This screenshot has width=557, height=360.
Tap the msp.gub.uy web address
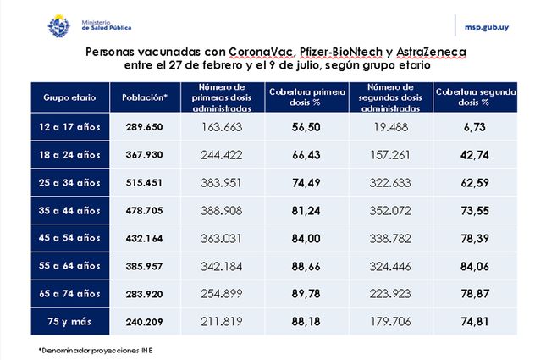pos(499,26)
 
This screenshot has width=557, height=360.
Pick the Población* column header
pos(145,97)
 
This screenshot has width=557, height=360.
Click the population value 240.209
pos(145,322)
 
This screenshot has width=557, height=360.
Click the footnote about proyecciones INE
pos(97,348)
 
